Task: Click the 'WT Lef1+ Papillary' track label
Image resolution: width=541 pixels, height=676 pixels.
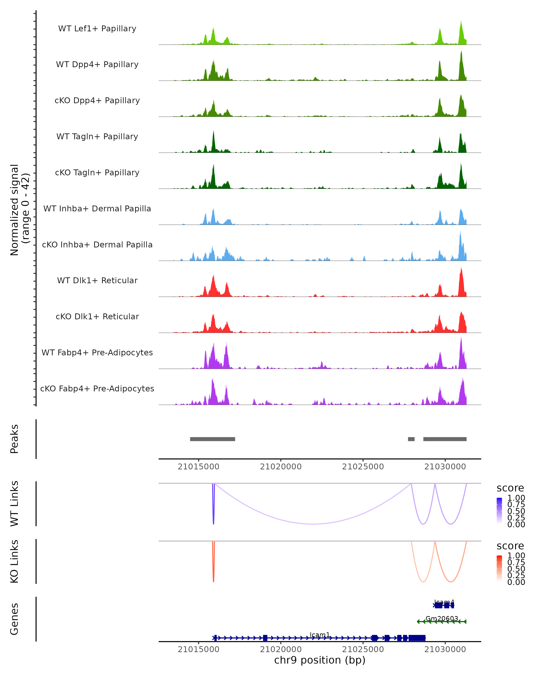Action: [97, 29]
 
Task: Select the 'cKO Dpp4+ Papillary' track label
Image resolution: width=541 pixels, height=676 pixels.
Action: [97, 100]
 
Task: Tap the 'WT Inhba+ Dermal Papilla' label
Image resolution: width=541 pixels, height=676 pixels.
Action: [97, 208]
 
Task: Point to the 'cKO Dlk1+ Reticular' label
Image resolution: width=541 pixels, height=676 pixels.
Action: [97, 316]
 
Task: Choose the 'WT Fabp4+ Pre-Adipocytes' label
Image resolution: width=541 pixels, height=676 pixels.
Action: [97, 352]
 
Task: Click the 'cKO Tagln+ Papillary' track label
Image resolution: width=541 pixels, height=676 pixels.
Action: [97, 172]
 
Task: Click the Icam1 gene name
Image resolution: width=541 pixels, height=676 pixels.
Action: [320, 635]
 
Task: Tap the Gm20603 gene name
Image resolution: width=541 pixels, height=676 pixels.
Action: [442, 618]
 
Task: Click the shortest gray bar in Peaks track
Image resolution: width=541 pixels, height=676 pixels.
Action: [411, 439]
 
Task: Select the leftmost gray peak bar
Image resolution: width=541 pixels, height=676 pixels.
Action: [212, 439]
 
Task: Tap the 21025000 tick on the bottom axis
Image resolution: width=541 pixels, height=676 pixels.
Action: [363, 649]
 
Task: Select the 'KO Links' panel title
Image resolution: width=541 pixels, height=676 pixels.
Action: [14, 561]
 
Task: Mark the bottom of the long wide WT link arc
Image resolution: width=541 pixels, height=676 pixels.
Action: [314, 524]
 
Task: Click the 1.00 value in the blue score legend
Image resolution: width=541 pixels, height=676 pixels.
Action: [516, 498]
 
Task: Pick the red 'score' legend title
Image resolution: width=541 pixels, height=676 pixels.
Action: [510, 546]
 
